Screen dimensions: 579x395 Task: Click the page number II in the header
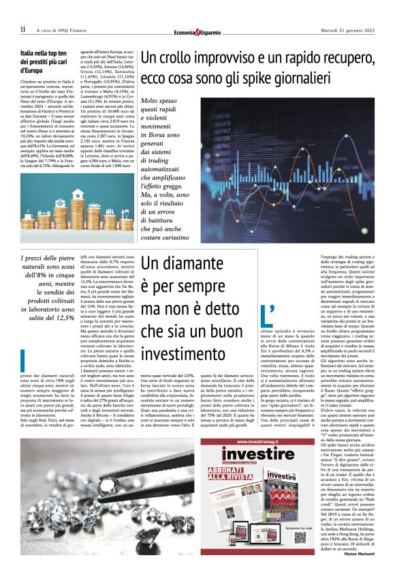pyautogui.click(x=22, y=29)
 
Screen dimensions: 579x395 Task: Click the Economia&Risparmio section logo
pyautogui.click(x=197, y=31)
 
